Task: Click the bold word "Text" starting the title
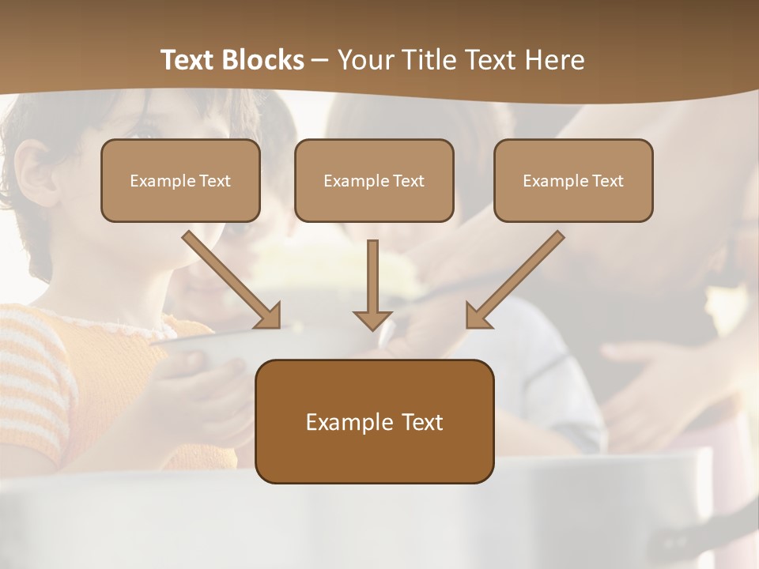[x=188, y=60]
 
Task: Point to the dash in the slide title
[x=319, y=60]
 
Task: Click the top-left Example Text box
[x=180, y=180]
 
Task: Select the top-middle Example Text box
[x=374, y=180]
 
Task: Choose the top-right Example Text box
[x=573, y=180]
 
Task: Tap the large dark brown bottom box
[x=374, y=421]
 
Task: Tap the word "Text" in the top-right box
[x=608, y=181]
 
